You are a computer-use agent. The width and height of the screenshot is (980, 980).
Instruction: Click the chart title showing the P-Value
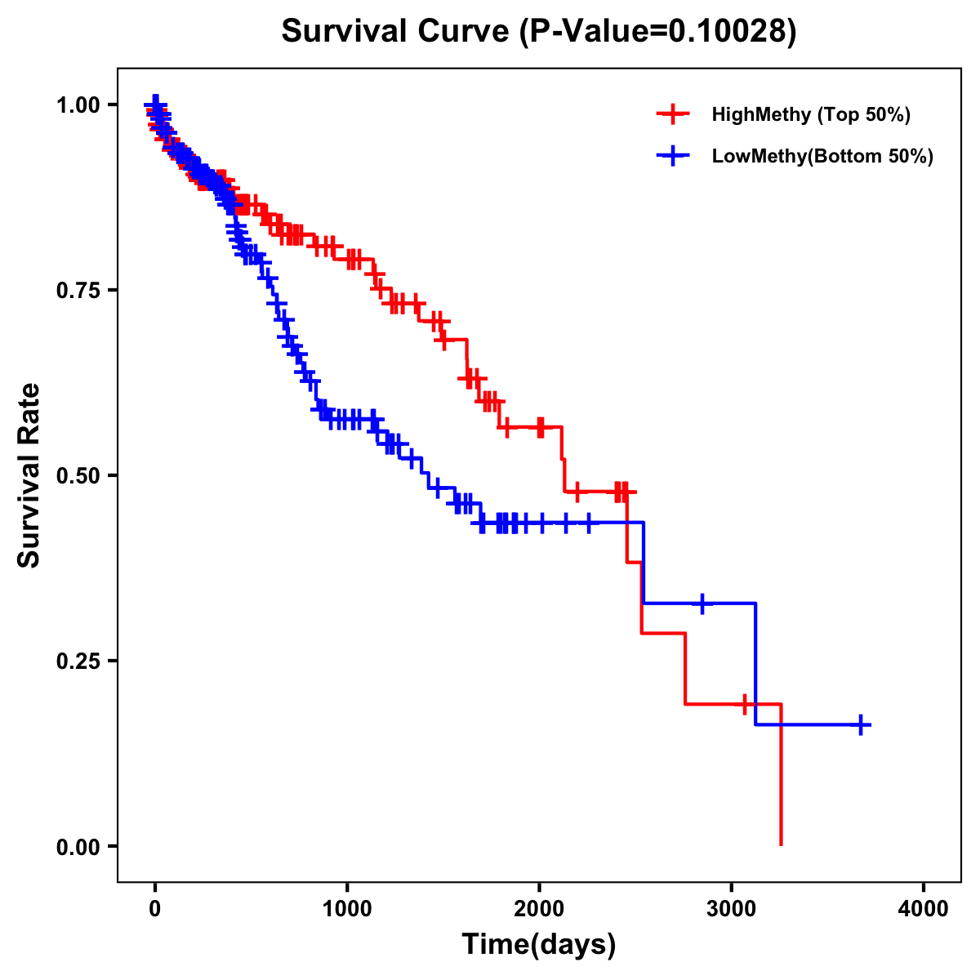(538, 32)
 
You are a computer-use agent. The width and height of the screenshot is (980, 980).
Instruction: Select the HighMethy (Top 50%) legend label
(810, 114)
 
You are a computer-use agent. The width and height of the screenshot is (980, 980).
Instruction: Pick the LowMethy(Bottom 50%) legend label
(822, 156)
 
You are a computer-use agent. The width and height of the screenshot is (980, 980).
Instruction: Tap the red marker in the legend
(673, 114)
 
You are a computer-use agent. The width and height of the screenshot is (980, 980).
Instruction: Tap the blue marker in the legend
(673, 156)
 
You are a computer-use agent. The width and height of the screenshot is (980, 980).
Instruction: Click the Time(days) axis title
(539, 945)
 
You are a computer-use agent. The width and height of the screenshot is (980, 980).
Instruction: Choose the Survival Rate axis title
(29, 475)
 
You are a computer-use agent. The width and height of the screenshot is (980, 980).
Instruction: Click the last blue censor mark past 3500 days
(861, 724)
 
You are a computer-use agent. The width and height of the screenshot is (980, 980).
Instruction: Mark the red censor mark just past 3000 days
(745, 703)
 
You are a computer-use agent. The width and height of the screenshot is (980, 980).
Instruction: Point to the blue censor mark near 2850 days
(702, 604)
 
